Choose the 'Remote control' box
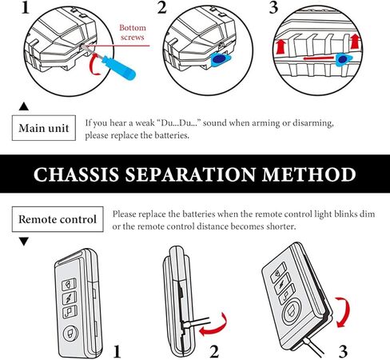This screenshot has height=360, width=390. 58,218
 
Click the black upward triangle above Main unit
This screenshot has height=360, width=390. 23,106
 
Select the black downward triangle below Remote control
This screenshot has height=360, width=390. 23,241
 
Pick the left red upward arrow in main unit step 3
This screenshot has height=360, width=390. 281,46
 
